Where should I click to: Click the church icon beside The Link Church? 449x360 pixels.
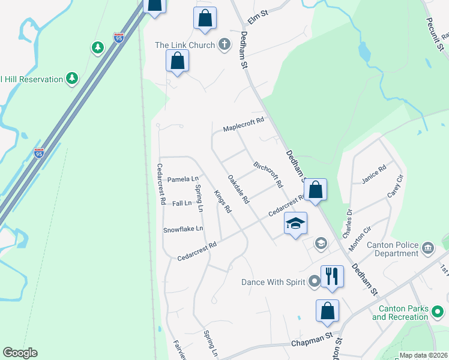(224, 44)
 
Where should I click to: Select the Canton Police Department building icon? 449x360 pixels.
(428, 247)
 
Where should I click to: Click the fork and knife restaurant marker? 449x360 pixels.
(332, 277)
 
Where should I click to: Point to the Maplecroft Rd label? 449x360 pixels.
(244, 125)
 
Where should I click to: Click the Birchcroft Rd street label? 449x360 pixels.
(268, 175)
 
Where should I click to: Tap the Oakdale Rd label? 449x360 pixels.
(238, 189)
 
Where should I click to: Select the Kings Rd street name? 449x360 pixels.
(222, 202)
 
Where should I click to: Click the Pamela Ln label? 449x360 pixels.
(182, 179)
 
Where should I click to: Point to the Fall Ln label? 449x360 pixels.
(181, 203)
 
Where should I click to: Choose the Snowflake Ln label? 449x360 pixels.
(183, 229)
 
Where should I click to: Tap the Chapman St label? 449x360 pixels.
(312, 340)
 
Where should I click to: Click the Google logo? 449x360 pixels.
(20, 353)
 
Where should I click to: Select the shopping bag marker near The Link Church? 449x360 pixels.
(177, 61)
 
